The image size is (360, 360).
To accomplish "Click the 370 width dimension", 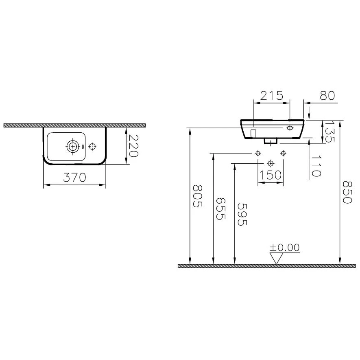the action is click(x=74, y=177).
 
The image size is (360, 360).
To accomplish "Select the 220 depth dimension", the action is click(x=133, y=146).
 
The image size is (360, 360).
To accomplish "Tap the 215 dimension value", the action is click(x=272, y=95).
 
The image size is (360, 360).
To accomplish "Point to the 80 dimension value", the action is click(x=327, y=95).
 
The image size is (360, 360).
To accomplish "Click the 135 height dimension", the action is click(x=329, y=132).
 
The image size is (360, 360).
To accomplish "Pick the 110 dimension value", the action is click(x=316, y=166).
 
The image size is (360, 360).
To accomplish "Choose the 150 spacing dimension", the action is click(x=271, y=175).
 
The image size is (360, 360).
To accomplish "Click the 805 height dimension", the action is click(x=197, y=196).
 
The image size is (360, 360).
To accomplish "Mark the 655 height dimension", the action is click(x=221, y=209).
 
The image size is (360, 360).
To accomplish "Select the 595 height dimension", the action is click(x=242, y=215).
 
